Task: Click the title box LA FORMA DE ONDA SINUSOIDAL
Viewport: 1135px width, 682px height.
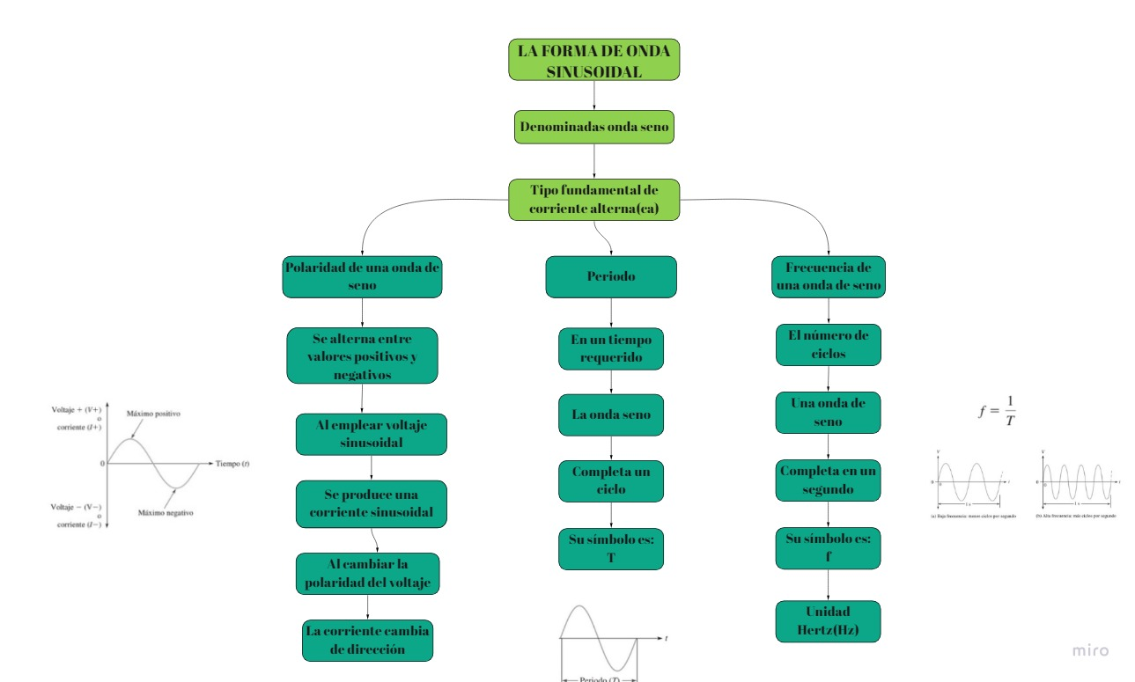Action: click(593, 60)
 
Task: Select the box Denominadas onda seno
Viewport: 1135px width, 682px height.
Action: click(594, 127)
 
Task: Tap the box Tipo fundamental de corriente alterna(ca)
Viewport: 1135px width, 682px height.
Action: click(594, 200)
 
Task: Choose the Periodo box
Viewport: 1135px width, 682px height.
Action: click(611, 276)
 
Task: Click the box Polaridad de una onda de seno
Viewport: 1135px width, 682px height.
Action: click(362, 276)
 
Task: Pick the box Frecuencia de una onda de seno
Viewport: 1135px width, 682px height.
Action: click(828, 276)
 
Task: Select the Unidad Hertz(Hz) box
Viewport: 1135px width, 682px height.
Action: click(828, 621)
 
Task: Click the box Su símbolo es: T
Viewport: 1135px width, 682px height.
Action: click(611, 548)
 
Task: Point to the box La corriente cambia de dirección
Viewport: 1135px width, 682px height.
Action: click(367, 640)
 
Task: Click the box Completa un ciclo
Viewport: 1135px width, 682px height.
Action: click(611, 481)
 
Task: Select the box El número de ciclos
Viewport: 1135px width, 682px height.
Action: click(828, 344)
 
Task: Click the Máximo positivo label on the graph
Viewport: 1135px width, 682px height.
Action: click(154, 414)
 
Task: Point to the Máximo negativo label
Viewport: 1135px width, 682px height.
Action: click(166, 512)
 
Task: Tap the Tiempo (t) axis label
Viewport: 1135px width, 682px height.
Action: click(232, 463)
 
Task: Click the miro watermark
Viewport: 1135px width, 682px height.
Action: click(1091, 651)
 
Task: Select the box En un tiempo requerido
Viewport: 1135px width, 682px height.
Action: click(611, 348)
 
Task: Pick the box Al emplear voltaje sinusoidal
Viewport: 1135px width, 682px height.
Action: click(372, 434)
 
